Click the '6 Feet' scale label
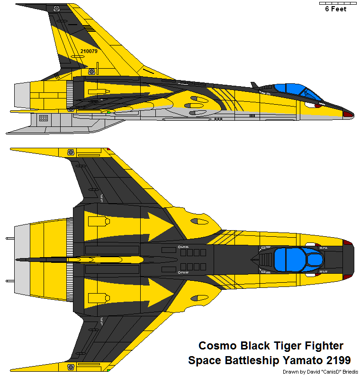coord(335,9)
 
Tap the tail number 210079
coord(89,51)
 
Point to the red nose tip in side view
coord(348,114)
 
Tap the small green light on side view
coord(108,112)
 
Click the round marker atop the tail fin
coord(56,9)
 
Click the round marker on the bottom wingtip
coord(71,367)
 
